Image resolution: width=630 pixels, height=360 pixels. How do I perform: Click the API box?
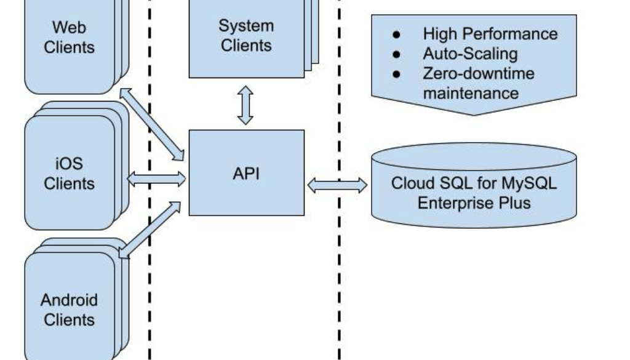pos(246,173)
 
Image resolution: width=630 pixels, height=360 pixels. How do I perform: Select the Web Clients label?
pos(69,38)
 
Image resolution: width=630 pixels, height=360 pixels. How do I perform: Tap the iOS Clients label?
pos(69,174)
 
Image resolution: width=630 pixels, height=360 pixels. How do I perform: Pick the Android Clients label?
pos(69,310)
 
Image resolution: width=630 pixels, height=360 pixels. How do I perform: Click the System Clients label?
pos(246,36)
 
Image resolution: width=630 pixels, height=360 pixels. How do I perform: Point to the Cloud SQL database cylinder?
pos(474,185)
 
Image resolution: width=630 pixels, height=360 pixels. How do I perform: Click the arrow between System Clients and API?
pos(245,105)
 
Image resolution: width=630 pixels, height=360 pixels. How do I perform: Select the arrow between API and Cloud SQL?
pos(337,185)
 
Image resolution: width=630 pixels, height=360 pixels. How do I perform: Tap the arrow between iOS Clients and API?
pos(156,179)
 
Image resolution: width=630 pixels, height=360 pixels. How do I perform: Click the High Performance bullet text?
pos(490,34)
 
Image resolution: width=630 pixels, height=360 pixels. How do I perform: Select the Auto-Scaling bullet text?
pos(470,54)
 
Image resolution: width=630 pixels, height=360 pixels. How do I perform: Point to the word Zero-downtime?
pos(479,74)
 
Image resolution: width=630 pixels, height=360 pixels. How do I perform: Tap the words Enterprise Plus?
pos(474,202)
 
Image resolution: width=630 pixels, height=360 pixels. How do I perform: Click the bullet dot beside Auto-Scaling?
pos(397,54)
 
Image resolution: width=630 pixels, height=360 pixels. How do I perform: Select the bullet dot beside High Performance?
pos(397,34)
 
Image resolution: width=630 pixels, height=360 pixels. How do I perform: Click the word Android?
pos(69,300)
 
